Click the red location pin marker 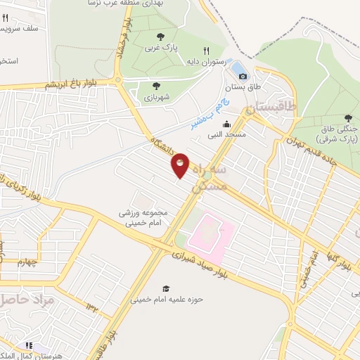click(x=181, y=165)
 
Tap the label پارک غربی click(x=158, y=48)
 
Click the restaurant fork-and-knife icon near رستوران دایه click(x=206, y=51)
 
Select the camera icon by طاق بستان click(x=243, y=76)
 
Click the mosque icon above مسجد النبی click(x=226, y=124)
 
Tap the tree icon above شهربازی click(x=156, y=85)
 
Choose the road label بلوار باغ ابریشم click(x=76, y=84)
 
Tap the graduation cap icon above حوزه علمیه click(x=166, y=288)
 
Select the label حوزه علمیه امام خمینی click(x=166, y=299)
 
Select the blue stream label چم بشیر click(x=205, y=115)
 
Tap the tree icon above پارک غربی click(x=161, y=37)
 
